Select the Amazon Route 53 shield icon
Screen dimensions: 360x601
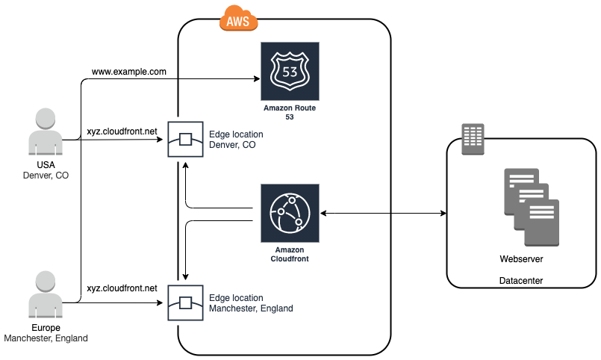pos(290,72)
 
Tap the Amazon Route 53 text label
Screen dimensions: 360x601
pos(290,113)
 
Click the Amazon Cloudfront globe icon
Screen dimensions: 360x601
pos(290,212)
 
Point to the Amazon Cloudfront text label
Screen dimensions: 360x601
pos(290,254)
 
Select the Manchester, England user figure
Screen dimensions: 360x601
pos(46,297)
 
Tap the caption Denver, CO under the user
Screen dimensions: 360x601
pos(46,176)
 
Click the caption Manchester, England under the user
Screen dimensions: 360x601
pos(46,338)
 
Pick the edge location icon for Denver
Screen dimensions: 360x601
pos(184,140)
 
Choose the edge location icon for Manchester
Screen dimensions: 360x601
pos(184,302)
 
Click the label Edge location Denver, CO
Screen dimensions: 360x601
pos(235,140)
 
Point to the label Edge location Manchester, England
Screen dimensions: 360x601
pos(251,303)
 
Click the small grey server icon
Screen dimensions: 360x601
pos(473,139)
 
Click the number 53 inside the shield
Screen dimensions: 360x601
pos(290,72)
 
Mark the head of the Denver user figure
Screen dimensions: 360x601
pos(46,120)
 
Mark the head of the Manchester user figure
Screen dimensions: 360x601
pos(46,282)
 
